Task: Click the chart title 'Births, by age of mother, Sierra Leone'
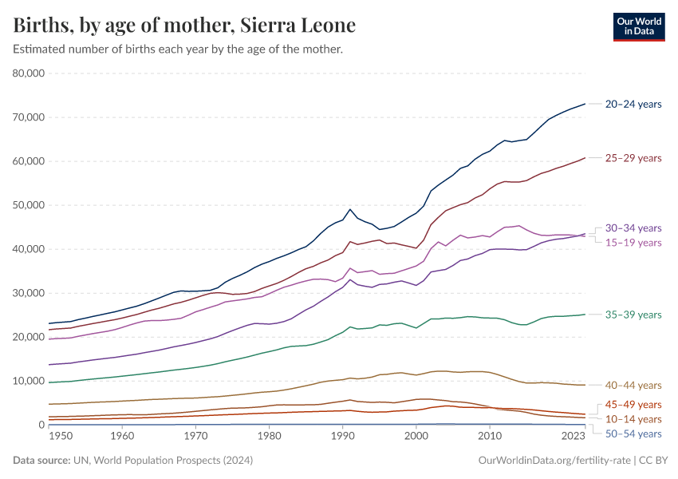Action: coord(184,26)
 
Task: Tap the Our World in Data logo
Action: coord(638,26)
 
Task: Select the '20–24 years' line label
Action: coord(633,104)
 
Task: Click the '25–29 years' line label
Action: coord(633,158)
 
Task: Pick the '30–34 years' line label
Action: coord(633,228)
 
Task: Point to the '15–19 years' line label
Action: coord(633,242)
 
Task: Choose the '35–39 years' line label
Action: coord(633,315)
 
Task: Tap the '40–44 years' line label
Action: coord(633,386)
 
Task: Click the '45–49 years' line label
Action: coord(633,404)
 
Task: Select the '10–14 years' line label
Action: coord(633,418)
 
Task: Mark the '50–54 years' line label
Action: coord(633,433)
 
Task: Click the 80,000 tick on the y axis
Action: coord(28,73)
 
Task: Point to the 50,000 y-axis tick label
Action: coord(28,205)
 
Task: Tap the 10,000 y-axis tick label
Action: coord(28,381)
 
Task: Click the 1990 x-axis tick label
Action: coord(342,436)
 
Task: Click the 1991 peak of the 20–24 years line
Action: coord(350,209)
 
